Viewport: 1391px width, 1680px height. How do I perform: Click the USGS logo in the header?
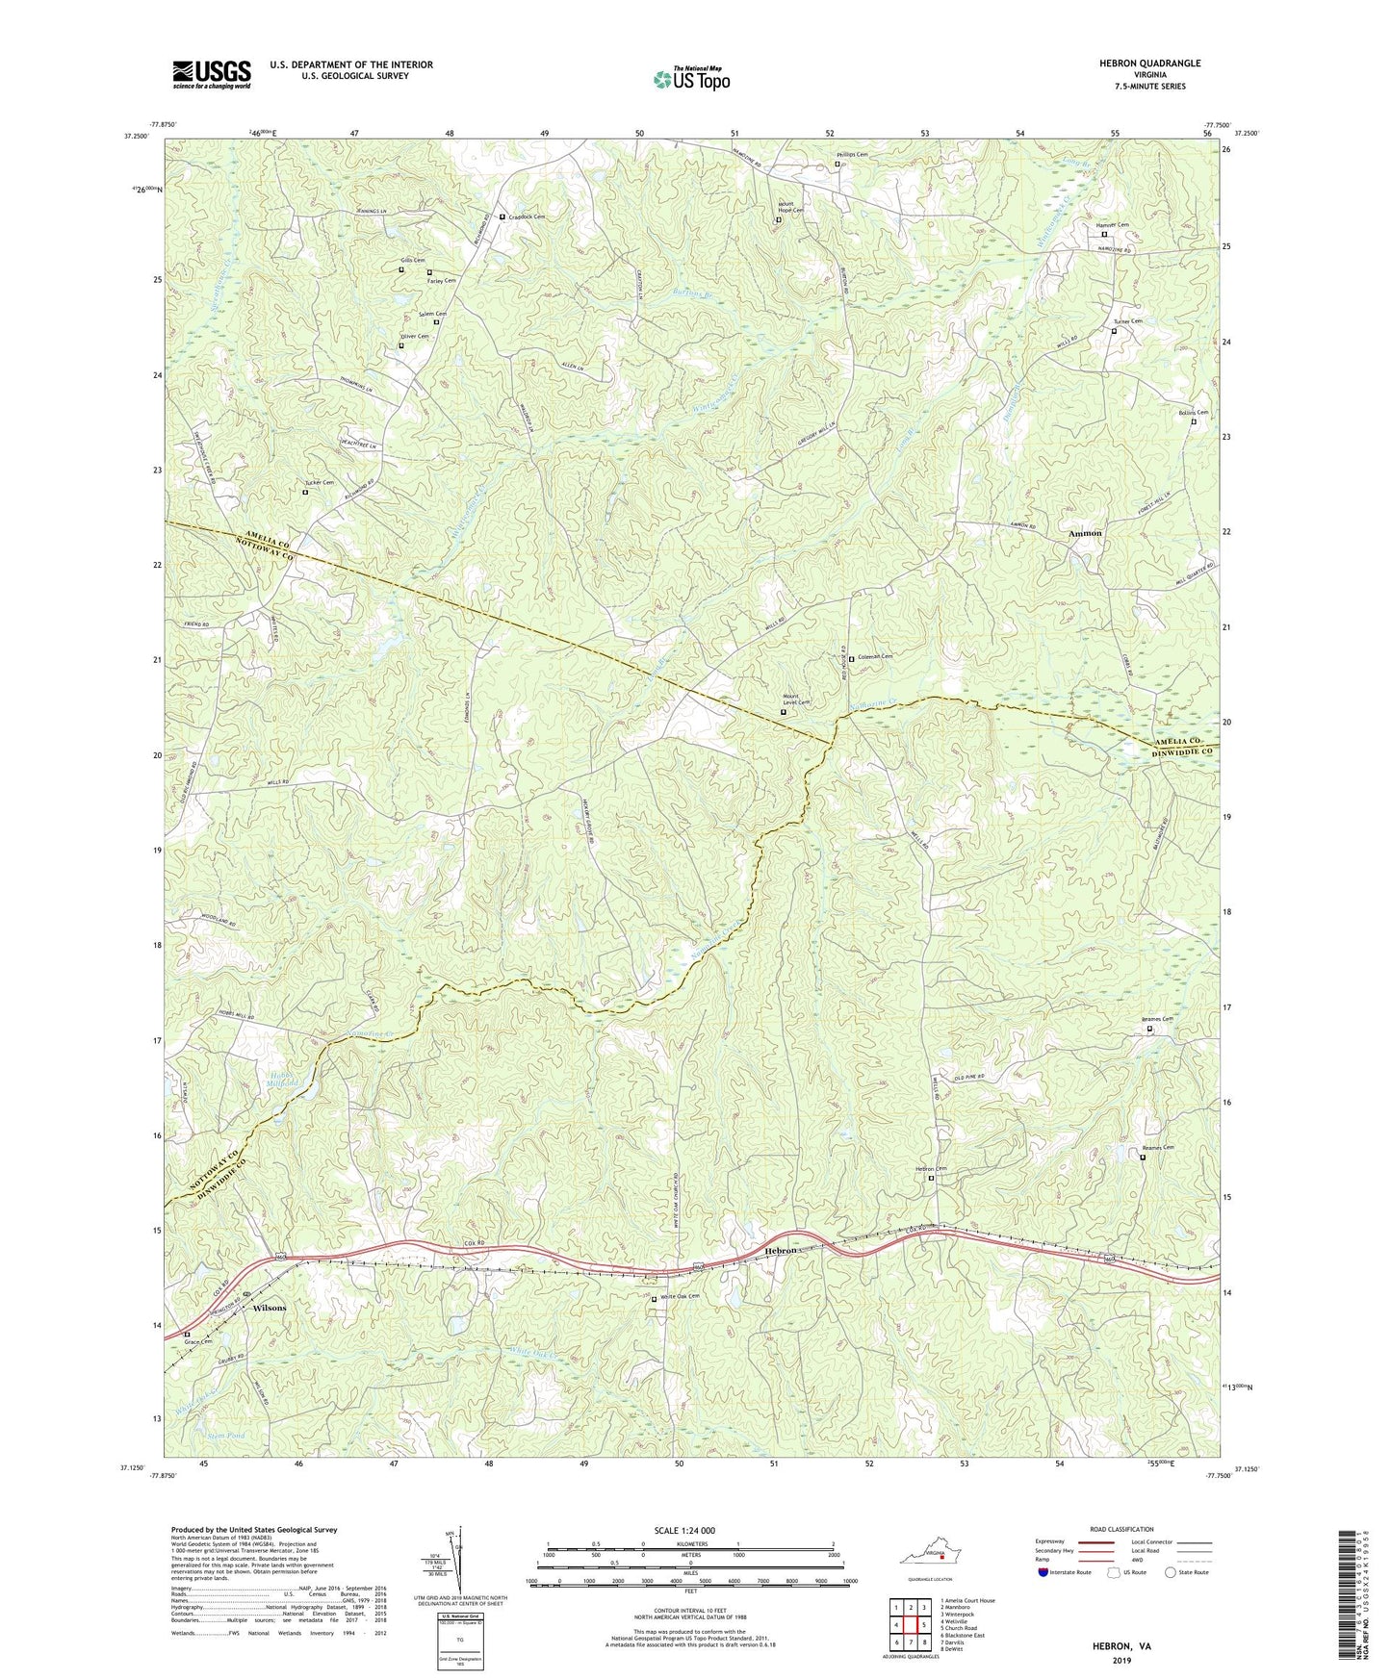(x=212, y=74)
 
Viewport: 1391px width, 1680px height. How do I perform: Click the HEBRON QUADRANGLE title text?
(x=1149, y=64)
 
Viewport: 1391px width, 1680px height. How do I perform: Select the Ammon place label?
(x=1085, y=533)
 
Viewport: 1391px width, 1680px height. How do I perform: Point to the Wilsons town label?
(x=270, y=1309)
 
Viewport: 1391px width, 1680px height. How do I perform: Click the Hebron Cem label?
(x=931, y=1169)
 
